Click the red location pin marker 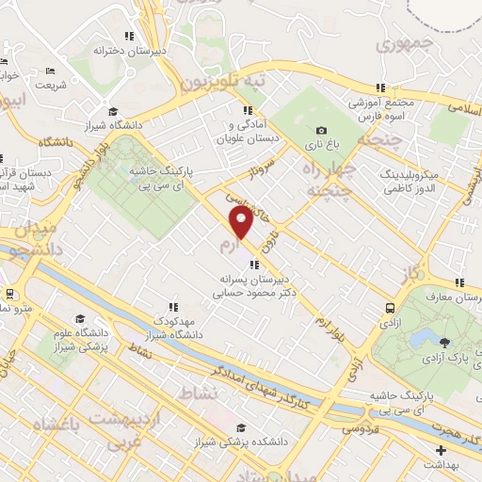coord(242,223)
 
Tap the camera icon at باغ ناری coord(322,131)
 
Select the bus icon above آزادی coord(389,307)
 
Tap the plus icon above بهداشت coord(441,450)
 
